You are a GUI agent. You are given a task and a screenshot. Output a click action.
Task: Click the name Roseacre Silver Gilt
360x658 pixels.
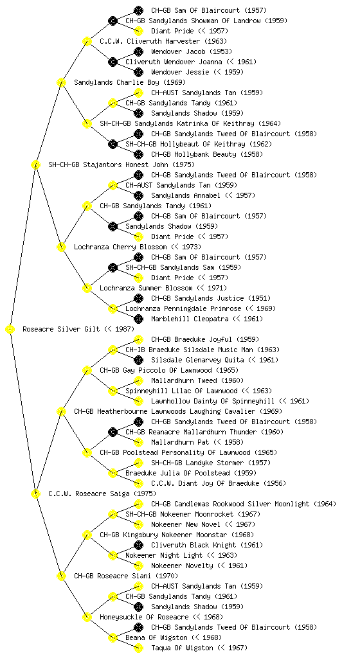pyautogui.click(x=61, y=329)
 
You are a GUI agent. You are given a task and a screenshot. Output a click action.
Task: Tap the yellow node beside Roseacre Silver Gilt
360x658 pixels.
pyautogui.click(x=10, y=330)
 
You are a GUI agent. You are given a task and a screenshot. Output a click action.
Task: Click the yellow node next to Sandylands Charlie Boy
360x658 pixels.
pyautogui.click(x=61, y=83)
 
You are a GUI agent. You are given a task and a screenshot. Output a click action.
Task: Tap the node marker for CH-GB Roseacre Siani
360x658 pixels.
pyautogui.click(x=61, y=576)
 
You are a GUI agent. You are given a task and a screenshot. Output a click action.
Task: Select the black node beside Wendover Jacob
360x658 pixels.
pyautogui.click(x=138, y=51)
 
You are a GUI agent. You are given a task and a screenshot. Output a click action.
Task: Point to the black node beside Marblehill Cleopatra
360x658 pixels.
pyautogui.click(x=138, y=319)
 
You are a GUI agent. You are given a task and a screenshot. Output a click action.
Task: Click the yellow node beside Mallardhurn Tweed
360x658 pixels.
pyautogui.click(x=138, y=380)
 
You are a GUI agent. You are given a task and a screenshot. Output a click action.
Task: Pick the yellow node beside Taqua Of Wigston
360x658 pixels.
pyautogui.click(x=138, y=648)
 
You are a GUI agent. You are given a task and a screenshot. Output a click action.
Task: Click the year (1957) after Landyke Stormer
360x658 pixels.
pyautogui.click(x=259, y=463)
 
